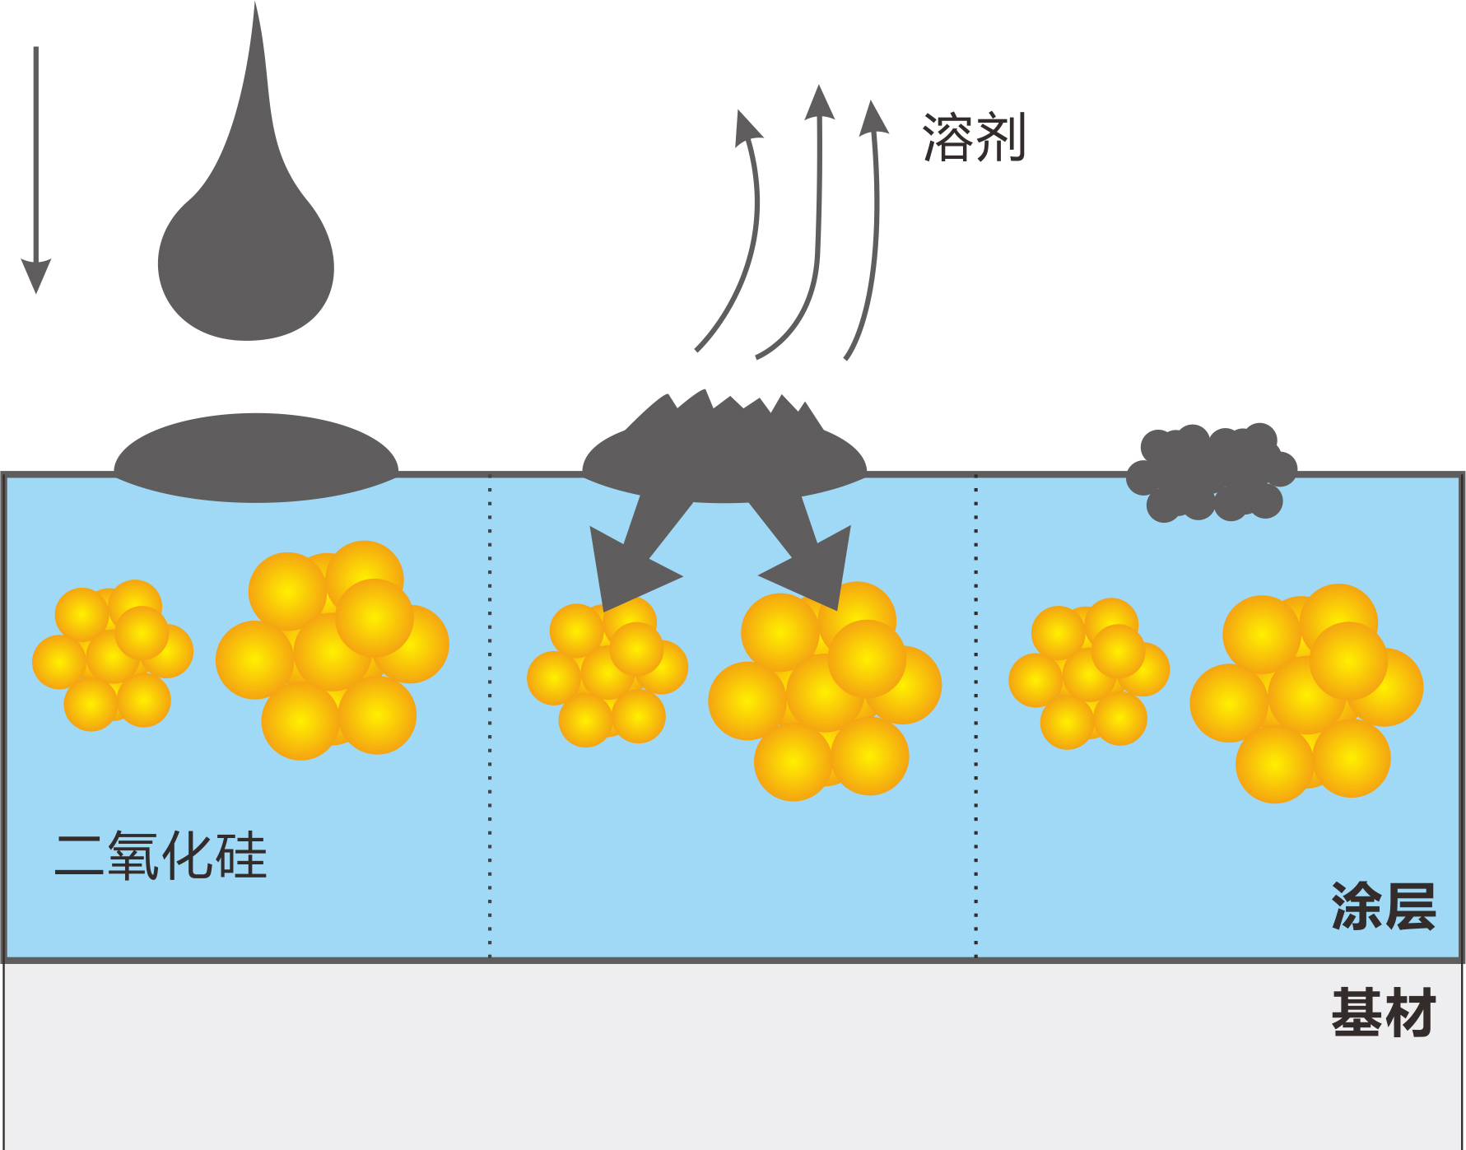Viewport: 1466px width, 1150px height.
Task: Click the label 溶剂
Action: point(974,137)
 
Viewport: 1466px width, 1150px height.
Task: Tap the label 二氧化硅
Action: point(161,856)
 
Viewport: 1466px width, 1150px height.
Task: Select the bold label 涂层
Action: point(1383,906)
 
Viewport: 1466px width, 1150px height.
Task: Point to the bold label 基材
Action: point(1383,1013)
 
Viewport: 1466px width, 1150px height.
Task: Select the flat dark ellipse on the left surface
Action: point(256,458)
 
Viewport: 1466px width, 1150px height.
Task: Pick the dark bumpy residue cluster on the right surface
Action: point(1210,473)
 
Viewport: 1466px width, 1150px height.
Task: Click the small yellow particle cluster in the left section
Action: point(113,655)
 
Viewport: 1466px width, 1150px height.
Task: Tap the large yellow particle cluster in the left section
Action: point(333,650)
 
